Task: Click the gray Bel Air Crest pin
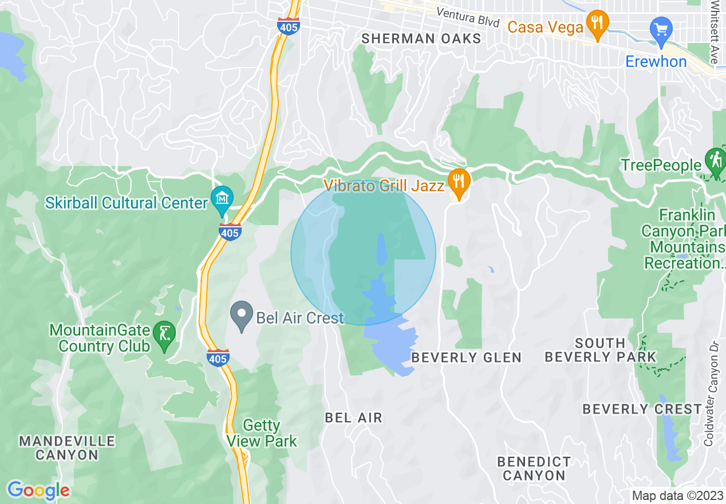click(241, 316)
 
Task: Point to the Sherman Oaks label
click(421, 38)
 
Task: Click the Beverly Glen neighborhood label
click(467, 358)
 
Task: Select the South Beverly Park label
click(600, 350)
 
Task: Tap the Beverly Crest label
click(642, 409)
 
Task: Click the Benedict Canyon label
click(534, 468)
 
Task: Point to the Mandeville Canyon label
click(67, 448)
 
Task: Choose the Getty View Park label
click(262, 434)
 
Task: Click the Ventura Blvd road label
click(468, 17)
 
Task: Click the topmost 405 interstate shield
click(288, 26)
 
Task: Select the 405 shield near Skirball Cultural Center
click(230, 231)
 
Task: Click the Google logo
click(38, 491)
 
